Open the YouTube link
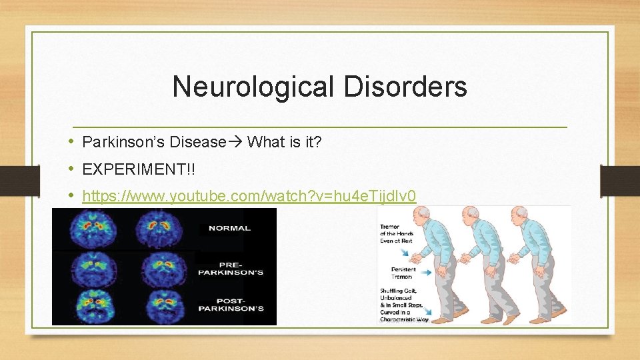pos(249,196)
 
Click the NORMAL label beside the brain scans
pos(229,228)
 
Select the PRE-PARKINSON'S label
pos(231,269)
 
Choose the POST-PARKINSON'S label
pos(231,305)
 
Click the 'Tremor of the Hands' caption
pos(397,233)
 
